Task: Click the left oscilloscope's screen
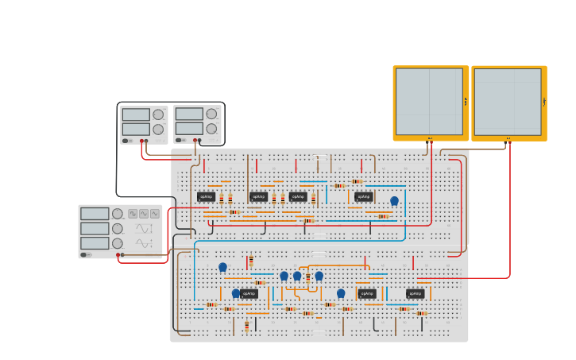coord(429,101)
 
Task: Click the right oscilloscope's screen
coord(508,101)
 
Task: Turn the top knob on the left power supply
coord(158,114)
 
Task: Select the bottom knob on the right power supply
coord(211,129)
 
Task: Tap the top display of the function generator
coord(95,213)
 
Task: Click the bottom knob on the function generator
coord(118,243)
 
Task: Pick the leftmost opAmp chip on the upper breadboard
coord(206,196)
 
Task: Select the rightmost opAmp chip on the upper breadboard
coord(363,196)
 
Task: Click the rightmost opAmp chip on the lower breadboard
coord(415,293)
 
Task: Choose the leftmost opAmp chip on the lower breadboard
coord(249,293)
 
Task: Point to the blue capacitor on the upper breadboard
coord(394,201)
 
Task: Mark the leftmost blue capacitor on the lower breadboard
coord(222,267)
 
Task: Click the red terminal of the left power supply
coord(141,141)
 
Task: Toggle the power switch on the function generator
coord(83,255)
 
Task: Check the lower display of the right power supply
coord(189,129)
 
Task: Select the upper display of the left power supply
coord(136,114)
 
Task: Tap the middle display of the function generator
coord(95,228)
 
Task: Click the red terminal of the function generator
coord(118,255)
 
